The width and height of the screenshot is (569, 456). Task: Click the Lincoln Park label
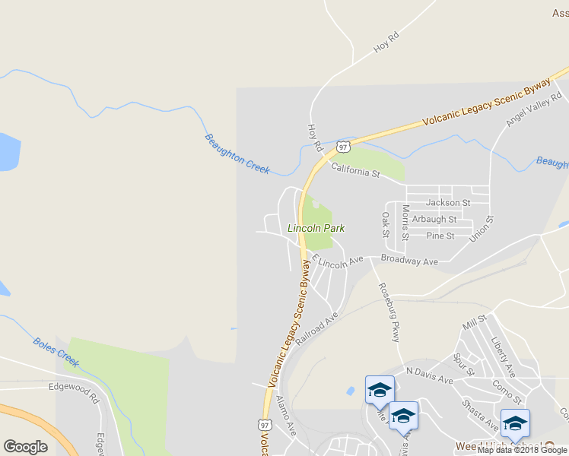click(316, 227)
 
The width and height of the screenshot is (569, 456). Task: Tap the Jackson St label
click(448, 203)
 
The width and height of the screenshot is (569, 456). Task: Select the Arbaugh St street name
click(434, 220)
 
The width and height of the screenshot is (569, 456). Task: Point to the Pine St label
click(440, 236)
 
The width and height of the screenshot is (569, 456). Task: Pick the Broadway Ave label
click(409, 261)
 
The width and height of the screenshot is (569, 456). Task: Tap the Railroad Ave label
click(316, 328)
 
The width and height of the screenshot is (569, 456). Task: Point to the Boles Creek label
click(56, 352)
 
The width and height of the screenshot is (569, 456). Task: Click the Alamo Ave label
click(286, 416)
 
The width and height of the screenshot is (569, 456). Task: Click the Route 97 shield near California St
click(343, 146)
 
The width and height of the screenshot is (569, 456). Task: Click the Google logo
click(25, 446)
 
